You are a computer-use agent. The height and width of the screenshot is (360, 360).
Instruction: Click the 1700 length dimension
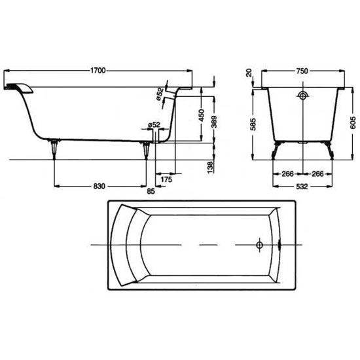98,71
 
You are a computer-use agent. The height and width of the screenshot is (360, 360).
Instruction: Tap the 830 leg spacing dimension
99,186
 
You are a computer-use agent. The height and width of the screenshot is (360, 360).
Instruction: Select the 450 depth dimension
201,115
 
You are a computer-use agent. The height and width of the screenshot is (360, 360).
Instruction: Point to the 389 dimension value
214,122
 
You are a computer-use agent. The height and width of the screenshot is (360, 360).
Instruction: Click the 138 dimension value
210,167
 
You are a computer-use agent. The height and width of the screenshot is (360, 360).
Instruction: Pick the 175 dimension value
166,179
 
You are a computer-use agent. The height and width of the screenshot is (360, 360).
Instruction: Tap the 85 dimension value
151,191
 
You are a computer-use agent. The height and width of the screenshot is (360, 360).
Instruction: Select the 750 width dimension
302,71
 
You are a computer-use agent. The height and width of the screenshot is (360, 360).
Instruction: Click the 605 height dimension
353,122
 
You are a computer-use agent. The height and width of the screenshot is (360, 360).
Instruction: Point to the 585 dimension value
253,124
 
